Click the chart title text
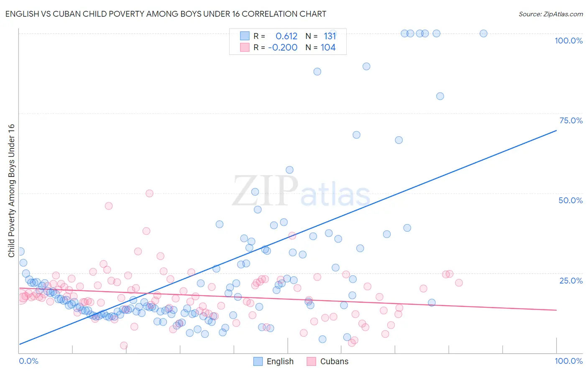[x=166, y=14]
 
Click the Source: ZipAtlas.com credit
[x=550, y=14]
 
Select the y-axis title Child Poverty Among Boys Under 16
[x=11, y=191]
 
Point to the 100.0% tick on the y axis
[x=568, y=41]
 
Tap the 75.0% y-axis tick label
[x=571, y=120]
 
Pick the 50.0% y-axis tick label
[x=570, y=200]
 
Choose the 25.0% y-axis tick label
[x=571, y=280]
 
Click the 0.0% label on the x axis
[x=28, y=361]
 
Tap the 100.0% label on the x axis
[x=568, y=361]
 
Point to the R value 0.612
[x=286, y=36]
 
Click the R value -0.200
[x=283, y=47]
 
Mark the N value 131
[x=330, y=36]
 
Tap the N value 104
[x=328, y=47]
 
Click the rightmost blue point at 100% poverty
[x=483, y=33]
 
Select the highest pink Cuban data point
[x=149, y=193]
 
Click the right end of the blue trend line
[x=556, y=130]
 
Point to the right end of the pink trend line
[x=556, y=310]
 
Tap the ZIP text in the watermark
[x=265, y=191]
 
